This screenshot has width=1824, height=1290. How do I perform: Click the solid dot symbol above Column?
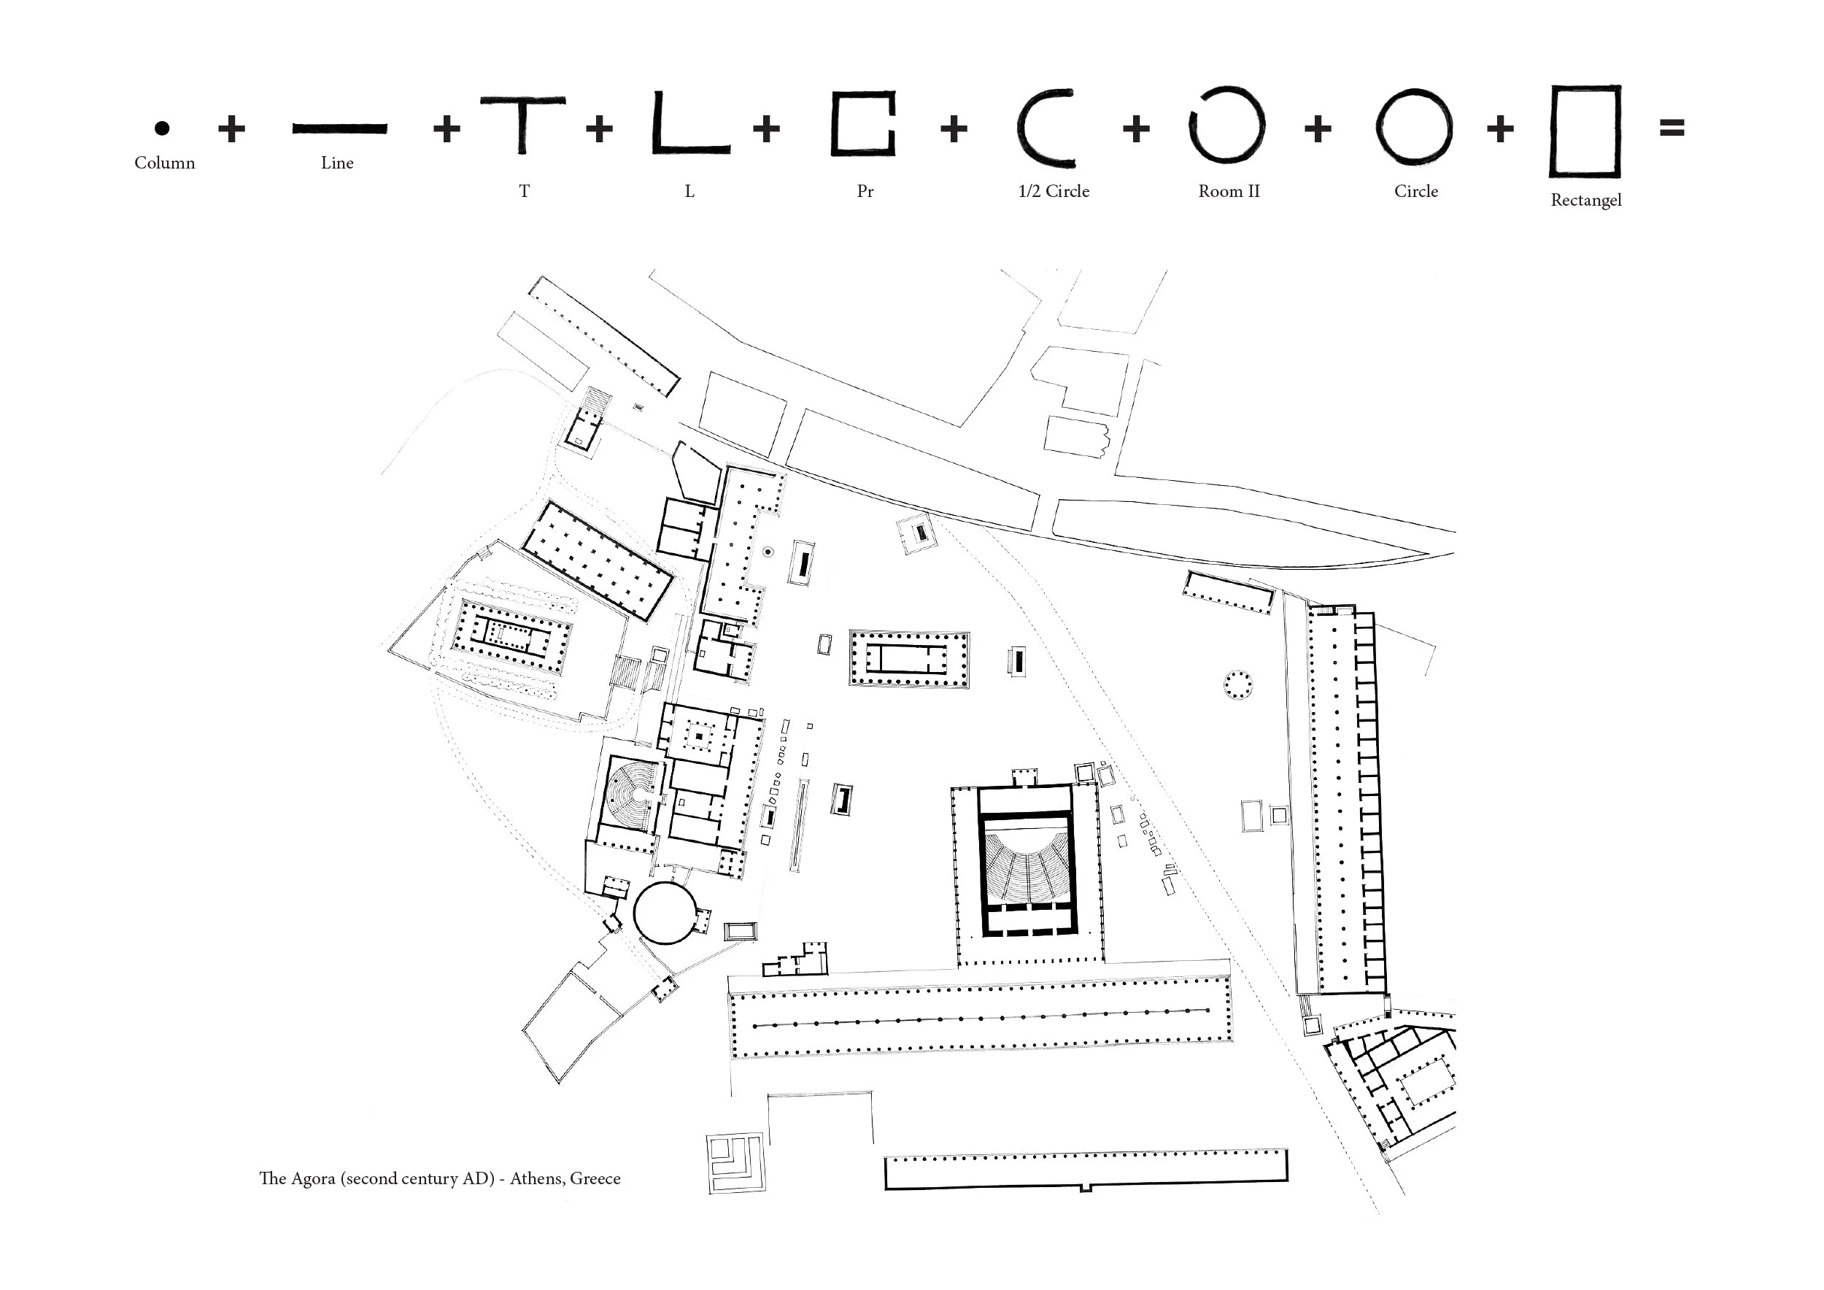[x=162, y=128]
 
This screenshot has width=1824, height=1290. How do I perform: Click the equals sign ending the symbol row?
[x=1672, y=127]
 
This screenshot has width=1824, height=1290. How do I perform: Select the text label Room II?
[x=1229, y=191]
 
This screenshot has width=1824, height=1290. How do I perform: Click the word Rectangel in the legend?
[x=1585, y=201]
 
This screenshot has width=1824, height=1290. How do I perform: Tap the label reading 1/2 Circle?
[x=1054, y=191]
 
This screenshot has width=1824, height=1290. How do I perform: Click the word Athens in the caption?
[x=536, y=1179]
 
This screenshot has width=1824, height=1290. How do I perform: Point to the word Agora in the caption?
[x=314, y=1180]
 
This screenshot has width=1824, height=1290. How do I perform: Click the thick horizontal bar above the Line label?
[x=340, y=128]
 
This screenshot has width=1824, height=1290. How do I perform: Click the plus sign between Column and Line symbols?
[x=231, y=128]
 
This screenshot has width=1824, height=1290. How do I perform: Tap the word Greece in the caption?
[x=595, y=1179]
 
